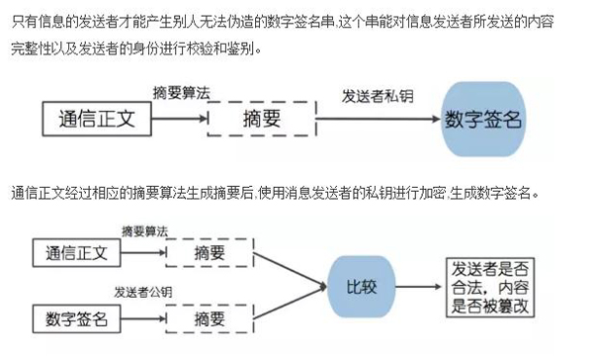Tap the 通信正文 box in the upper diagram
99,121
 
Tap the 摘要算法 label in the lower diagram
144,230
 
